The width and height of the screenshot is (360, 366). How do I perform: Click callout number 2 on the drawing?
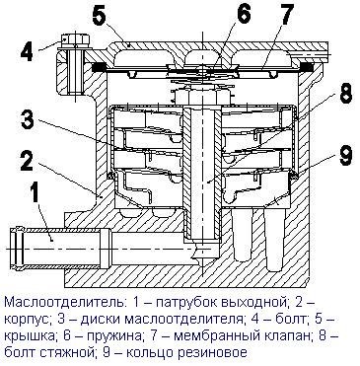27,159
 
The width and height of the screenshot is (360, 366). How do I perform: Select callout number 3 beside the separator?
28,118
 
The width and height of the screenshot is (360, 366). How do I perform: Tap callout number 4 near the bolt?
27,51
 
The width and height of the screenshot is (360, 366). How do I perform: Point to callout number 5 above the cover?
101,15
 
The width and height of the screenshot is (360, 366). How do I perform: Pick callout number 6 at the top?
245,14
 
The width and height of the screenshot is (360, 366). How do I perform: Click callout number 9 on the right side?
345,157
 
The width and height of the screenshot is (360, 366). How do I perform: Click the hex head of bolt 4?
75,39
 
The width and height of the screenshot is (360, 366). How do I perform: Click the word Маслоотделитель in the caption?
64,302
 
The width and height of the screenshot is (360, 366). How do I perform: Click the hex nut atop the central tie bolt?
202,97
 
